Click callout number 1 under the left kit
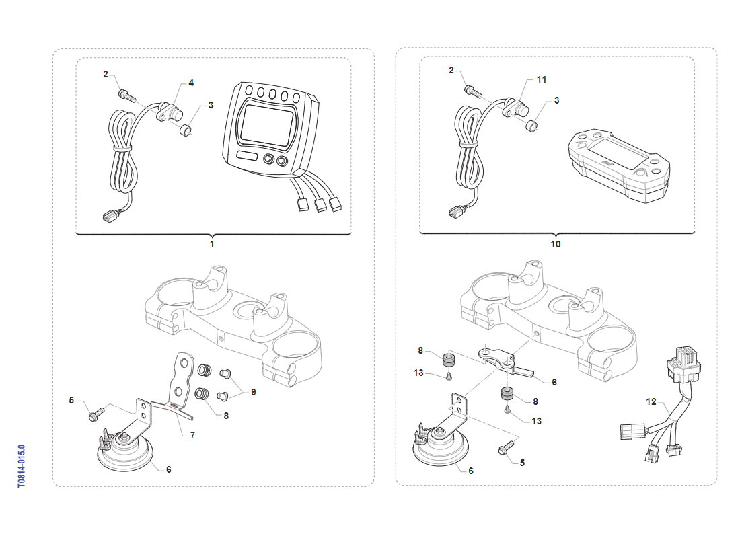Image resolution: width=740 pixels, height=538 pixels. (212, 244)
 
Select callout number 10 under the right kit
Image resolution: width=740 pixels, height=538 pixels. (556, 244)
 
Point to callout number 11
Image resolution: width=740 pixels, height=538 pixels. (542, 79)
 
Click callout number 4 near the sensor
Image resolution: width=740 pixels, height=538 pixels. (191, 83)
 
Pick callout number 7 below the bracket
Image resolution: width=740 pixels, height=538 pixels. (192, 435)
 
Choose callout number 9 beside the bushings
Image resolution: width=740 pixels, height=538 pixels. (254, 392)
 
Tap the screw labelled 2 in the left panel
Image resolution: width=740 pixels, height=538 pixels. (125, 93)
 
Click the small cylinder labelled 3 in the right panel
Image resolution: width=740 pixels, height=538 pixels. (533, 125)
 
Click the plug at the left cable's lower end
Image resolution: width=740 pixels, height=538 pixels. (108, 216)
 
